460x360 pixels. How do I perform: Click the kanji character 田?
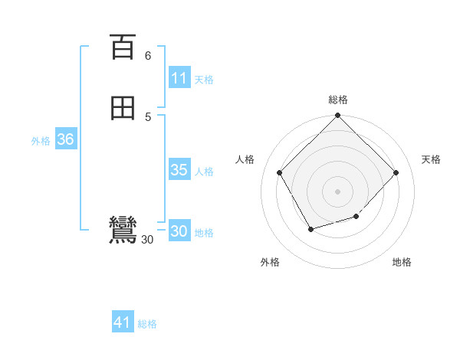(123, 109)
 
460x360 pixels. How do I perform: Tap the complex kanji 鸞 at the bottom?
(123, 231)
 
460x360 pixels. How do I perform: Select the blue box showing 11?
(179, 78)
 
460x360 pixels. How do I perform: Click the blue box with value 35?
(179, 170)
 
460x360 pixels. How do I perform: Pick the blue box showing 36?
(66, 140)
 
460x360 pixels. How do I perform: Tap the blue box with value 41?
(123, 323)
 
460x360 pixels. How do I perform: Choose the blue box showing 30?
(179, 231)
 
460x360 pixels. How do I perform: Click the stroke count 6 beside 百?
(148, 56)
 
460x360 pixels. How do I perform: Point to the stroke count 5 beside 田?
(148, 116)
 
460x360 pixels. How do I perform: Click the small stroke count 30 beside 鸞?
(148, 240)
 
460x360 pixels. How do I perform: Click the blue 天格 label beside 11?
(204, 80)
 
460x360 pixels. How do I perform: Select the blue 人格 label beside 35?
(204, 172)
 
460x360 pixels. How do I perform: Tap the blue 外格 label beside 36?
(41, 141)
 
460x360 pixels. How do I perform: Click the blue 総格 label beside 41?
(147, 324)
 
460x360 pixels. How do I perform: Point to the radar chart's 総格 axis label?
(338, 100)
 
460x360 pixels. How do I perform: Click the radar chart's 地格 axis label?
(402, 262)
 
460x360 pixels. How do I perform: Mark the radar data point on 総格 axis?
(338, 116)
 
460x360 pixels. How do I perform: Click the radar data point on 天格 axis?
(396, 172)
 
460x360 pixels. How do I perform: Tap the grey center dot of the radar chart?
(338, 191)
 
